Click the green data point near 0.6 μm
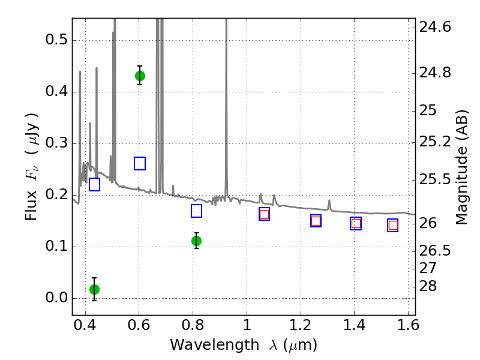pyautogui.click(x=140, y=76)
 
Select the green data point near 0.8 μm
pyautogui.click(x=196, y=241)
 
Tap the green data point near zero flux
pyautogui.click(x=94, y=289)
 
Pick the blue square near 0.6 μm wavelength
pyautogui.click(x=140, y=163)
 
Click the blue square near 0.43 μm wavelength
pyautogui.click(x=94, y=184)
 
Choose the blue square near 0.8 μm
pyautogui.click(x=196, y=211)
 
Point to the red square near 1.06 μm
pyautogui.click(x=264, y=214)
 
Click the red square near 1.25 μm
pyautogui.click(x=316, y=221)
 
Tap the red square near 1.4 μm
pyautogui.click(x=356, y=223)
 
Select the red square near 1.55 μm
pyautogui.click(x=393, y=226)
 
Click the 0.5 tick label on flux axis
pyautogui.click(x=56, y=40)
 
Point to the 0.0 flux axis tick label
pyautogui.click(x=56, y=298)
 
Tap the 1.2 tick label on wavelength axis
pyautogui.click(x=301, y=325)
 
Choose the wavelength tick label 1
pyautogui.click(x=247, y=325)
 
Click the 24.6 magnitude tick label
pyautogui.click(x=434, y=27)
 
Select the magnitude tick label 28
pyautogui.click(x=428, y=286)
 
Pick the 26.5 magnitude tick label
pyautogui.click(x=434, y=250)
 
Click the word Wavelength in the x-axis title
pyautogui.click(x=215, y=345)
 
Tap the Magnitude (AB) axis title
pyautogui.click(x=461, y=167)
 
